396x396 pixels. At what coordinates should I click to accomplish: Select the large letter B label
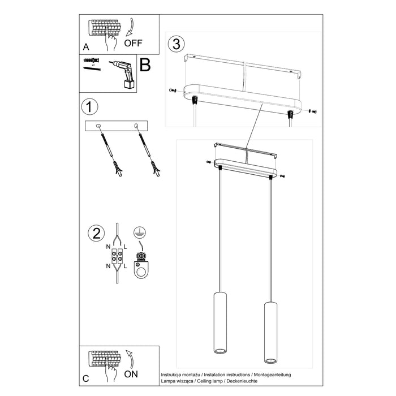point(145,66)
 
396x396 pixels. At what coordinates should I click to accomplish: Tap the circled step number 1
point(88,106)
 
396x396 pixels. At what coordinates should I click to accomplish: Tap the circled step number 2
point(96,233)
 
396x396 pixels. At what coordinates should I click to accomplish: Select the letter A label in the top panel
point(85,48)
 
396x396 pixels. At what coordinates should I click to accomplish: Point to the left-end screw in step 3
point(172,91)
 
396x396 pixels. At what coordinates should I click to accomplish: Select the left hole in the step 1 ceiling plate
point(98,125)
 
